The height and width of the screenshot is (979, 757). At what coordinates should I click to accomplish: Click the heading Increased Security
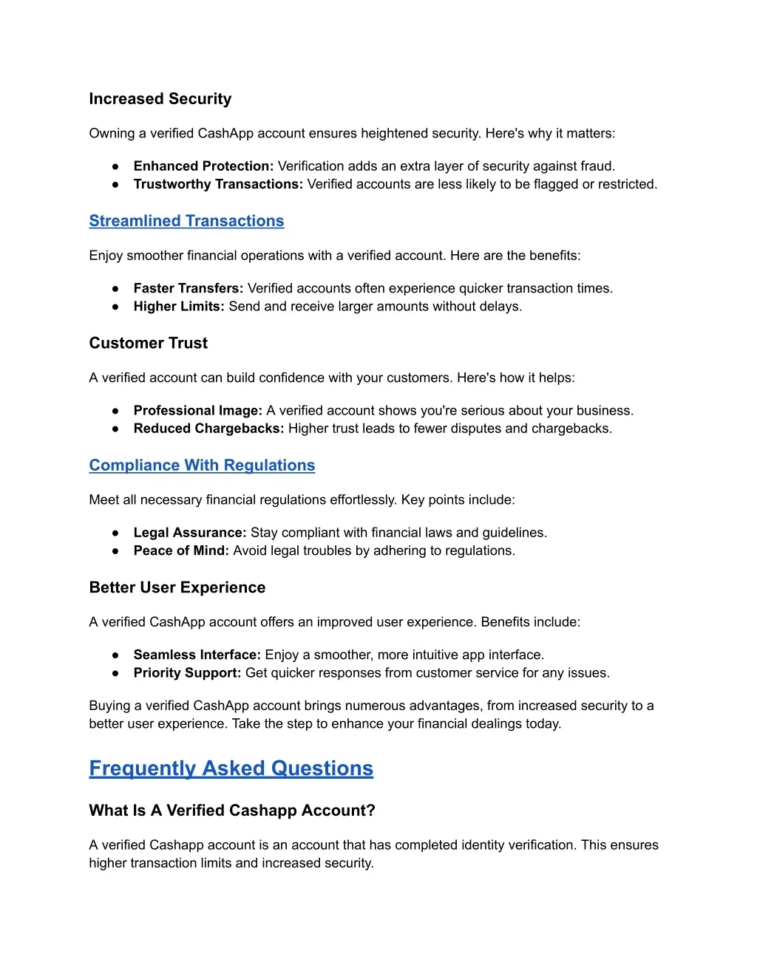160,99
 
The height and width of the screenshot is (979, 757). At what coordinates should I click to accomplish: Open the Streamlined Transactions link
186,221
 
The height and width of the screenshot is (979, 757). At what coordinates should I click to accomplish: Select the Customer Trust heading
148,343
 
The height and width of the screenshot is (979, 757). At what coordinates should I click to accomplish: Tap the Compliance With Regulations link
202,465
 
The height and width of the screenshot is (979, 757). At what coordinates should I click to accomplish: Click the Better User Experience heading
177,587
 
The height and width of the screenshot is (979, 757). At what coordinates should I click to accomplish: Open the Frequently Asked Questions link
231,768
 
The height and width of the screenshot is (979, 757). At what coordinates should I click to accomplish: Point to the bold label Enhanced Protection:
203,166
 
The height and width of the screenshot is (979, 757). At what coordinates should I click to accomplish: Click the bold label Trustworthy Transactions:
218,184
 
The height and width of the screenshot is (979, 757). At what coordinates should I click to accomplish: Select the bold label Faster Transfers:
188,288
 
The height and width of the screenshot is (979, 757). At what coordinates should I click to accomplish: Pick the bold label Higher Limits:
178,306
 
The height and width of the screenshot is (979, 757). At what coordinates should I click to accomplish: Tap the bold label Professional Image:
197,410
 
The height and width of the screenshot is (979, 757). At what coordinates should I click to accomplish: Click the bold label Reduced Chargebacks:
208,429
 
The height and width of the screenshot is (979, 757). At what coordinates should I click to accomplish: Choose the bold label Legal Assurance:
189,533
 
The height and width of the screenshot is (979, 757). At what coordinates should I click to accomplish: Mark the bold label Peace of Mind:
181,550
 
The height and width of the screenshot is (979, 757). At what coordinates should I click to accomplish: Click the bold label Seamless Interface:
197,655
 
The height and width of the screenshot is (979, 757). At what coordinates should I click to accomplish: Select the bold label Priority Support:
187,673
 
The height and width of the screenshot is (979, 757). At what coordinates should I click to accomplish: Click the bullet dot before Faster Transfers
116,289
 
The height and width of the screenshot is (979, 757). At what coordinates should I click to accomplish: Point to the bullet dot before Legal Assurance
116,533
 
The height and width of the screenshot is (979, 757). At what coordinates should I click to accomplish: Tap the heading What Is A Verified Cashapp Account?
232,811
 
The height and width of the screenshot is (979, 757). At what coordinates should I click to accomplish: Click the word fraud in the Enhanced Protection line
597,166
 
